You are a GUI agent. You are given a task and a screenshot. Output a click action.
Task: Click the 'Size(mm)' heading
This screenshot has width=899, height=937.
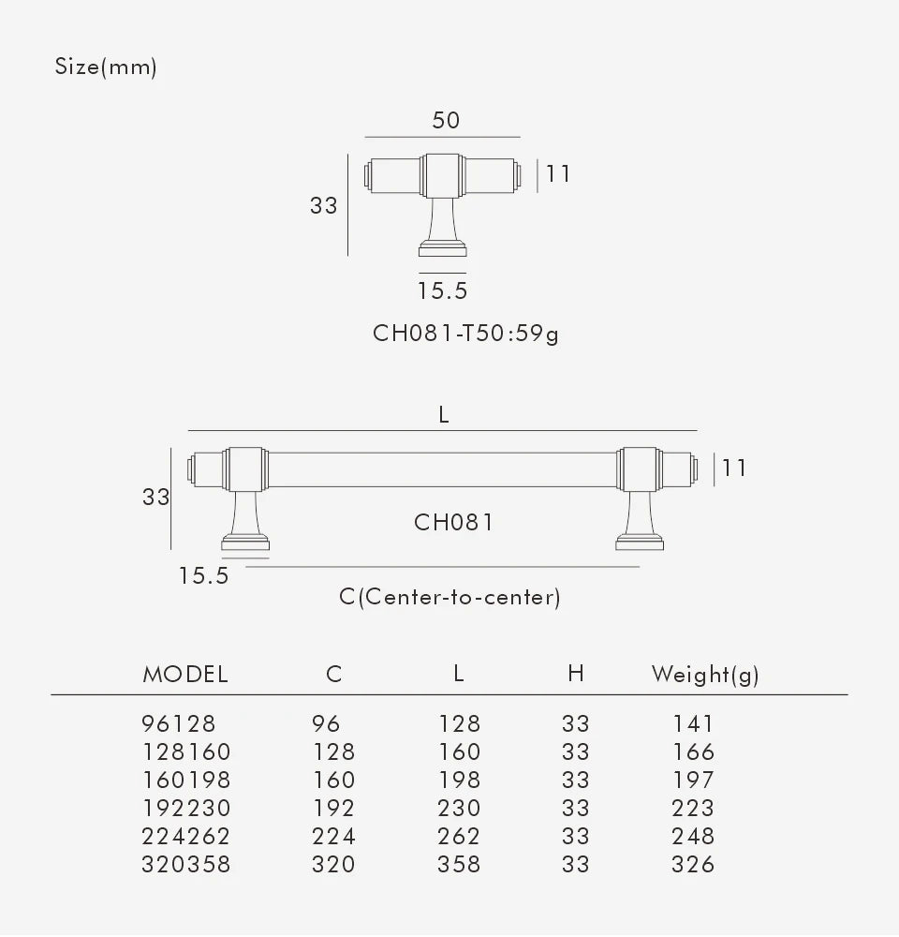(106, 67)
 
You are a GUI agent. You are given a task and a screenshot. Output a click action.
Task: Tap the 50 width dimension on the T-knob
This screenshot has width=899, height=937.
(446, 121)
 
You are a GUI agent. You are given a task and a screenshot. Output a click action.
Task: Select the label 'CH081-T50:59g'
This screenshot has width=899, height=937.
(465, 333)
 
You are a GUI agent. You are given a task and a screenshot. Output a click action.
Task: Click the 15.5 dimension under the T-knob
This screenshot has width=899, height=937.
(443, 290)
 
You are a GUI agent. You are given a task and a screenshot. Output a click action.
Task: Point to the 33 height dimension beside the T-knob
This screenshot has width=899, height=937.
(323, 204)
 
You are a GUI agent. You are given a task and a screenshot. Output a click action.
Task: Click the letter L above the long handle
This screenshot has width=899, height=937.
(444, 414)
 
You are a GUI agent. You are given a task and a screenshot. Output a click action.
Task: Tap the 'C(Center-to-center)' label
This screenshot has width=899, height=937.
(449, 597)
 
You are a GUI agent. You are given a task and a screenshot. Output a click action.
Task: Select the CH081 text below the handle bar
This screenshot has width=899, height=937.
(453, 522)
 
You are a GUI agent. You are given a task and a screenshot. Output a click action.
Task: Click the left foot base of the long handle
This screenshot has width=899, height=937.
(245, 543)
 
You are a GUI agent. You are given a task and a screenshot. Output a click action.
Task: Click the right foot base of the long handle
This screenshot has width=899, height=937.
(641, 543)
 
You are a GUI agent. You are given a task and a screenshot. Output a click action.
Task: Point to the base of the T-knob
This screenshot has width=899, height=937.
(443, 249)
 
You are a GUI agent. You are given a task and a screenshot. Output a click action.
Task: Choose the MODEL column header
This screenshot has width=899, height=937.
(185, 674)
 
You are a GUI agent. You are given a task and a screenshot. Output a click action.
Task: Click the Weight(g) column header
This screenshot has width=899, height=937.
(705, 674)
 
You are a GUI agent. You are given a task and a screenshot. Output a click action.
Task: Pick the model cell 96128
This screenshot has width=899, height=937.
(179, 723)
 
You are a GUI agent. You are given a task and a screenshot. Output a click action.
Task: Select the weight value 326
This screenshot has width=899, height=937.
(693, 864)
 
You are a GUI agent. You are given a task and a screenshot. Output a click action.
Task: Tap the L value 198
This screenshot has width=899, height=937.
(459, 780)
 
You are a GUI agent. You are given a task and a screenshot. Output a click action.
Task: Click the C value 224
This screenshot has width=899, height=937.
(333, 836)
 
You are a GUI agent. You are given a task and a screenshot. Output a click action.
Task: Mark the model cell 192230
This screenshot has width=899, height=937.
(185, 808)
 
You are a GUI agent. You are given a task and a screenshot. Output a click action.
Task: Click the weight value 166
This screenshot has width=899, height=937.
(693, 751)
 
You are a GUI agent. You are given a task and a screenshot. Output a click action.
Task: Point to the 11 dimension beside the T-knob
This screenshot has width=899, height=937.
(558, 173)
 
